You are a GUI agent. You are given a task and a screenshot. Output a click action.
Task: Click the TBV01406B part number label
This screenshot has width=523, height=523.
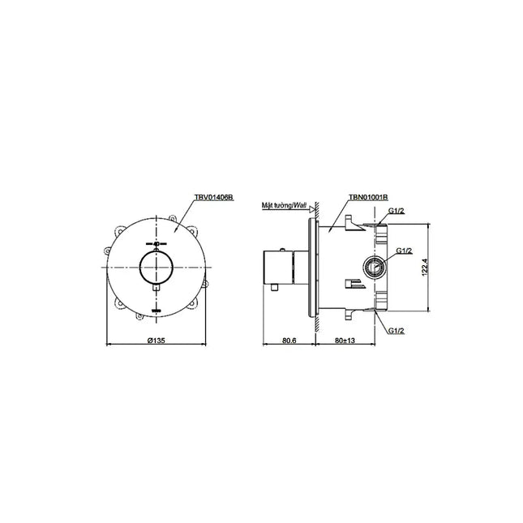coord(214,198)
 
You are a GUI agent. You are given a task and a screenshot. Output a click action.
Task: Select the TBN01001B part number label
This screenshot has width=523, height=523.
coord(368,198)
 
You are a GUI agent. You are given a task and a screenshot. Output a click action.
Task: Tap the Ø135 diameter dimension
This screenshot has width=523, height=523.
coord(156,341)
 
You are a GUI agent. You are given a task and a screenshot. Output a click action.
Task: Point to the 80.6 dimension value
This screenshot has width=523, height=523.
coord(289,341)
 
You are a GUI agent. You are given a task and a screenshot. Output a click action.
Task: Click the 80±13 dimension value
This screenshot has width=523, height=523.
coord(345,341)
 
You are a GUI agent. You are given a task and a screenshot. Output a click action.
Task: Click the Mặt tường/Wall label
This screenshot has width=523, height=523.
coord(284,205)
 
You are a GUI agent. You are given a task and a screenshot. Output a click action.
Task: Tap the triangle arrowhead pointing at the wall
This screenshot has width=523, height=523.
coord(312,209)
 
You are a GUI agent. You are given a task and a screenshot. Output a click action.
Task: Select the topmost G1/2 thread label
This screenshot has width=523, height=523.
coord(397,211)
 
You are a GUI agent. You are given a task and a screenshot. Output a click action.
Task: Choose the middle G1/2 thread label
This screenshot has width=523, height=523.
coord(404,251)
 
